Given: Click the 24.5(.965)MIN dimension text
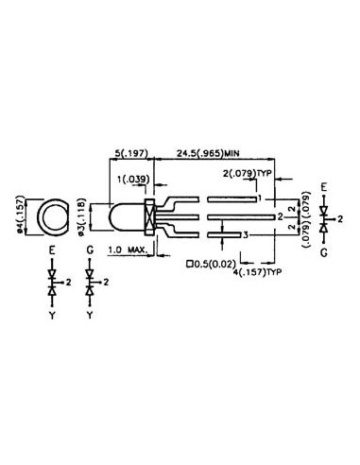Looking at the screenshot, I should click(x=214, y=150).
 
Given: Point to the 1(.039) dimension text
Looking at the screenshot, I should click(x=132, y=179).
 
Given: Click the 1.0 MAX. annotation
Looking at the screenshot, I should click(x=126, y=250).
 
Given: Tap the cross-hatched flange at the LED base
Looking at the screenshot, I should click(x=149, y=218).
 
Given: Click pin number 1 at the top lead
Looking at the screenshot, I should click(x=259, y=199).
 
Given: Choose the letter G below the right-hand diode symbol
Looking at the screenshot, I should click(x=325, y=253).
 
